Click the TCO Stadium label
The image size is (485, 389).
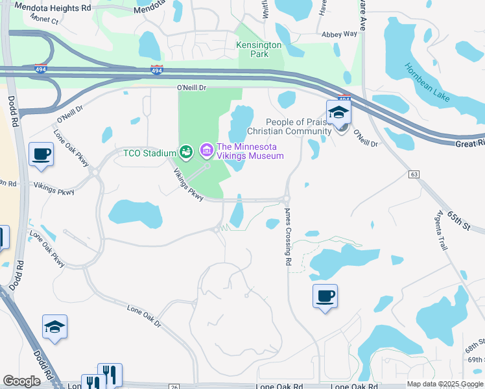[150, 153]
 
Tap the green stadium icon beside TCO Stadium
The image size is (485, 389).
[186, 152]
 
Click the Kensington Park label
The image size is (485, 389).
[259, 50]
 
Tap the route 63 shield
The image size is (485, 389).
[414, 174]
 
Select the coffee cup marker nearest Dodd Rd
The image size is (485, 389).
[41, 154]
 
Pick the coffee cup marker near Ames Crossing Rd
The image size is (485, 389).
[325, 296]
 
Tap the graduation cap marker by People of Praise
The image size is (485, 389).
[338, 113]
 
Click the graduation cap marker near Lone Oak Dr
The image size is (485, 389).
[55, 327]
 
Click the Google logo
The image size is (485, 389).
[22, 381]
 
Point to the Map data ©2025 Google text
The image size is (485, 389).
[444, 384]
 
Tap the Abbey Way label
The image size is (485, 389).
[340, 34]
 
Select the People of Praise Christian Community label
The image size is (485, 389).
[298, 126]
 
